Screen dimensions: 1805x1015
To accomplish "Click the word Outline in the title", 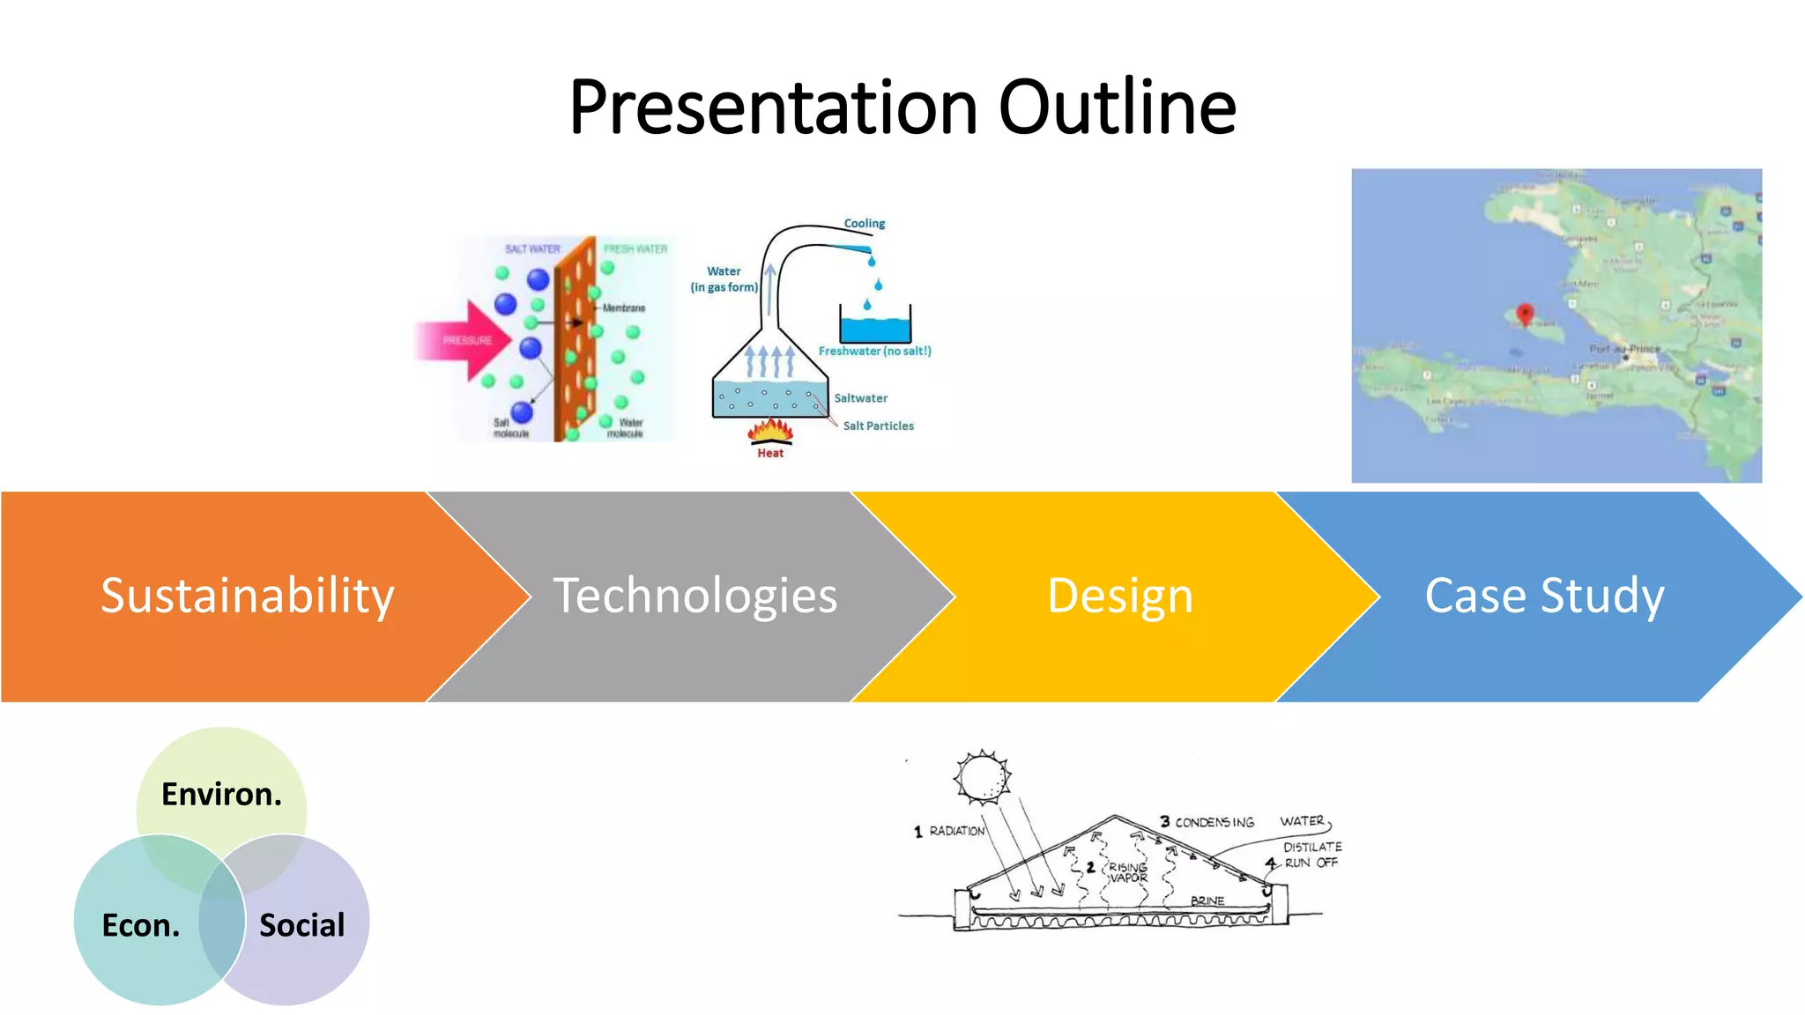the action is point(1117,107).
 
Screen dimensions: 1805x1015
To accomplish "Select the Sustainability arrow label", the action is point(247,596).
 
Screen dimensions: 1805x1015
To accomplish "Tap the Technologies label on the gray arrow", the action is point(695,596).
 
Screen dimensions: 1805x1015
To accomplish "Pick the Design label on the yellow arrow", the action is point(1119,596).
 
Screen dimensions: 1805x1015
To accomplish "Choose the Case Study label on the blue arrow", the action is point(1544,596).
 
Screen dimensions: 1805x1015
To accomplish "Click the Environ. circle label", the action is point(221,794).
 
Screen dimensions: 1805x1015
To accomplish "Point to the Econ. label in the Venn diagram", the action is point(140,925).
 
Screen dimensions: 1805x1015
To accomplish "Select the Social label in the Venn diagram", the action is point(301,925).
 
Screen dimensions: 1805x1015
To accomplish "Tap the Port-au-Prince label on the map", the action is point(1624,349).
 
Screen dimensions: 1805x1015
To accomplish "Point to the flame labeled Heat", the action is point(770,432).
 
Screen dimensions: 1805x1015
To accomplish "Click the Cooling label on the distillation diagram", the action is point(864,224).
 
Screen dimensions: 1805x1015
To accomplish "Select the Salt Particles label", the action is point(878,426).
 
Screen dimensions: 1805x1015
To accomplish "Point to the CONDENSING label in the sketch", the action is point(1214,822).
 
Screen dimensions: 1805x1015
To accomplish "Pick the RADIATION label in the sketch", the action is point(956,831).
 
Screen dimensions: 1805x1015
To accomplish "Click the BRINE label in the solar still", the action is point(1207,900).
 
